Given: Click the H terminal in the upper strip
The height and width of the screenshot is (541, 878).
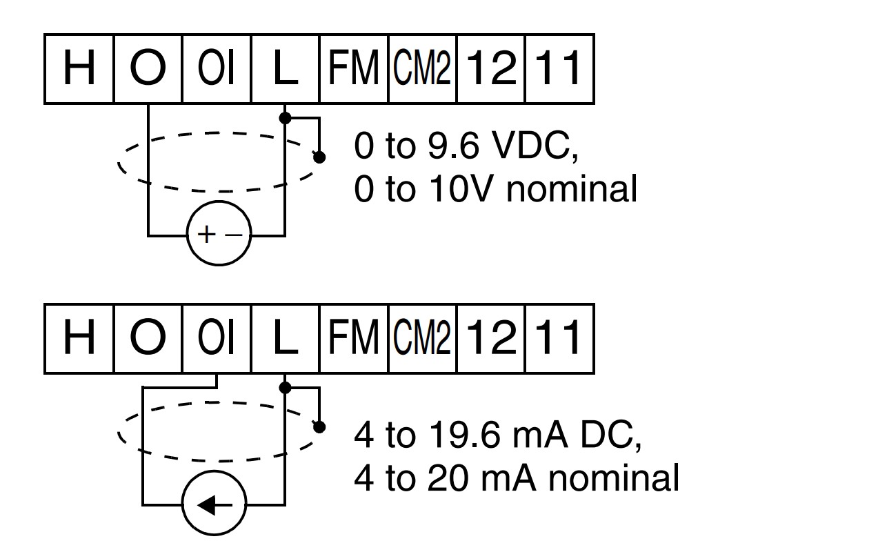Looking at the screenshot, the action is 79,69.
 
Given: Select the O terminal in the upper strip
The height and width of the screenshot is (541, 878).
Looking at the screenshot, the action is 148,69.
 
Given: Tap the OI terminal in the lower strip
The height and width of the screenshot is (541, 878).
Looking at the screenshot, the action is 217,339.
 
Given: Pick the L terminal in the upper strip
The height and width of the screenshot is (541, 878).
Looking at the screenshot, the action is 285,69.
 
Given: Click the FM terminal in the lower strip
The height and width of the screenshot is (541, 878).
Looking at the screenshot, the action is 354,339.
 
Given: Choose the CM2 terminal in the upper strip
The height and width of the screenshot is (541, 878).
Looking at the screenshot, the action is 422,69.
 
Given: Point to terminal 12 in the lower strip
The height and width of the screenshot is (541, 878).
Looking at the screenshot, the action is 491,339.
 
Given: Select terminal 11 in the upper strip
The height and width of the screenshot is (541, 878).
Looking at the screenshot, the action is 559,69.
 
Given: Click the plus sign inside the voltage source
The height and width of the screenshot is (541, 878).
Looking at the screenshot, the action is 206,235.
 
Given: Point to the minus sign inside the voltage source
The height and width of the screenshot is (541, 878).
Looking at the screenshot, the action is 234,235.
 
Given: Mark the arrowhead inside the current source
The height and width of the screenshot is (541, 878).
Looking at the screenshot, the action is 206,505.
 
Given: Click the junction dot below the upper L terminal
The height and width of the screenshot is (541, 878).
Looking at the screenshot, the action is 285,117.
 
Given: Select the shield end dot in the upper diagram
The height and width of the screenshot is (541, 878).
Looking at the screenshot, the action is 319,157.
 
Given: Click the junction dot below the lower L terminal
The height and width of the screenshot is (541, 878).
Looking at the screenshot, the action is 285,388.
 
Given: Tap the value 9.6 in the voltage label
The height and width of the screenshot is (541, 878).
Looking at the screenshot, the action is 454,146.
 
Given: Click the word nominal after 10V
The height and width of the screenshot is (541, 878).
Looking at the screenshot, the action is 572,189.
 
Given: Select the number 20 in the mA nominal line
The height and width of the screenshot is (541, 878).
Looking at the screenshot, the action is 448,478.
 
